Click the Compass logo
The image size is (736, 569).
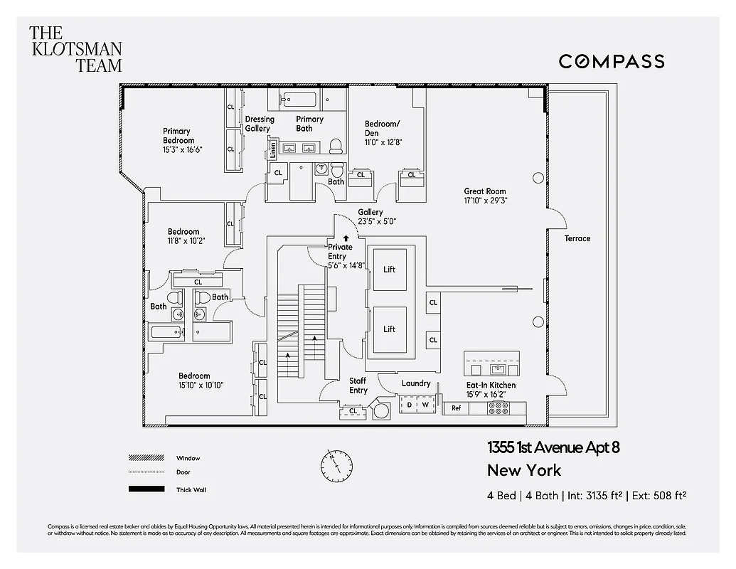click(611, 61)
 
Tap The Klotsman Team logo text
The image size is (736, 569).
click(75, 48)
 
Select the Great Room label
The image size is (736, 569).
click(484, 191)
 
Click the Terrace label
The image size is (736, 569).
click(577, 238)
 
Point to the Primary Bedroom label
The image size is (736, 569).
click(176, 136)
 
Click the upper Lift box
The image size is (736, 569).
click(389, 270)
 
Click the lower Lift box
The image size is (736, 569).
click(389, 329)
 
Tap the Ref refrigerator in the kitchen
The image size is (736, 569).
click(456, 408)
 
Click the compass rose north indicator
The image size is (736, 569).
click(336, 465)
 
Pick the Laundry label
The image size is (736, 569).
click(416, 383)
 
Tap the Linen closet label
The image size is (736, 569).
click(272, 151)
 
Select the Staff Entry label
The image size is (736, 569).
click(358, 385)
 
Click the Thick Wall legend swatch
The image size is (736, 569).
click(146, 489)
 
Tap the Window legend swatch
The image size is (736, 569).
click(146, 458)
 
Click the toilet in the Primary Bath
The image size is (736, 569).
click(336, 147)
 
